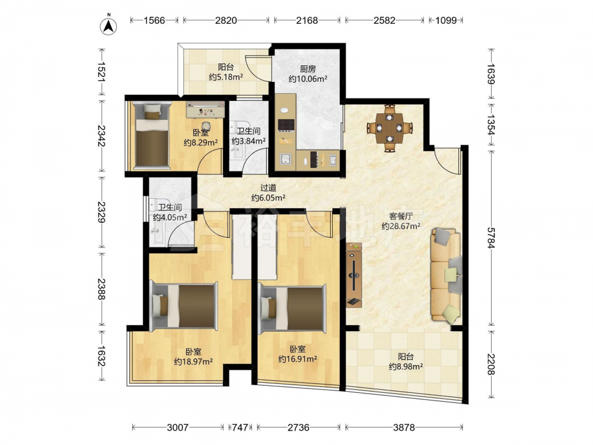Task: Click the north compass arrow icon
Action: tap(108, 25)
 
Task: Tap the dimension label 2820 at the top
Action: tap(226, 20)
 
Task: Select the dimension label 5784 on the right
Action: tap(491, 238)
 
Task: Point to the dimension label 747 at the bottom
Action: tap(240, 428)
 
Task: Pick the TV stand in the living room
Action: tap(353, 275)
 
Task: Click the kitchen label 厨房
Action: tap(307, 69)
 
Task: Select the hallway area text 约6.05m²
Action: tap(268, 198)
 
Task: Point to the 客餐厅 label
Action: tap(401, 216)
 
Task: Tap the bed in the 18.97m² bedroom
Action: tap(184, 306)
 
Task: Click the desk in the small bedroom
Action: tap(205, 110)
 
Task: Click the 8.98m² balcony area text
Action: tap(406, 366)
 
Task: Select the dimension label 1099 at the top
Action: tap(446, 20)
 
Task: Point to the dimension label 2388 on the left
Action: tap(101, 289)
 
